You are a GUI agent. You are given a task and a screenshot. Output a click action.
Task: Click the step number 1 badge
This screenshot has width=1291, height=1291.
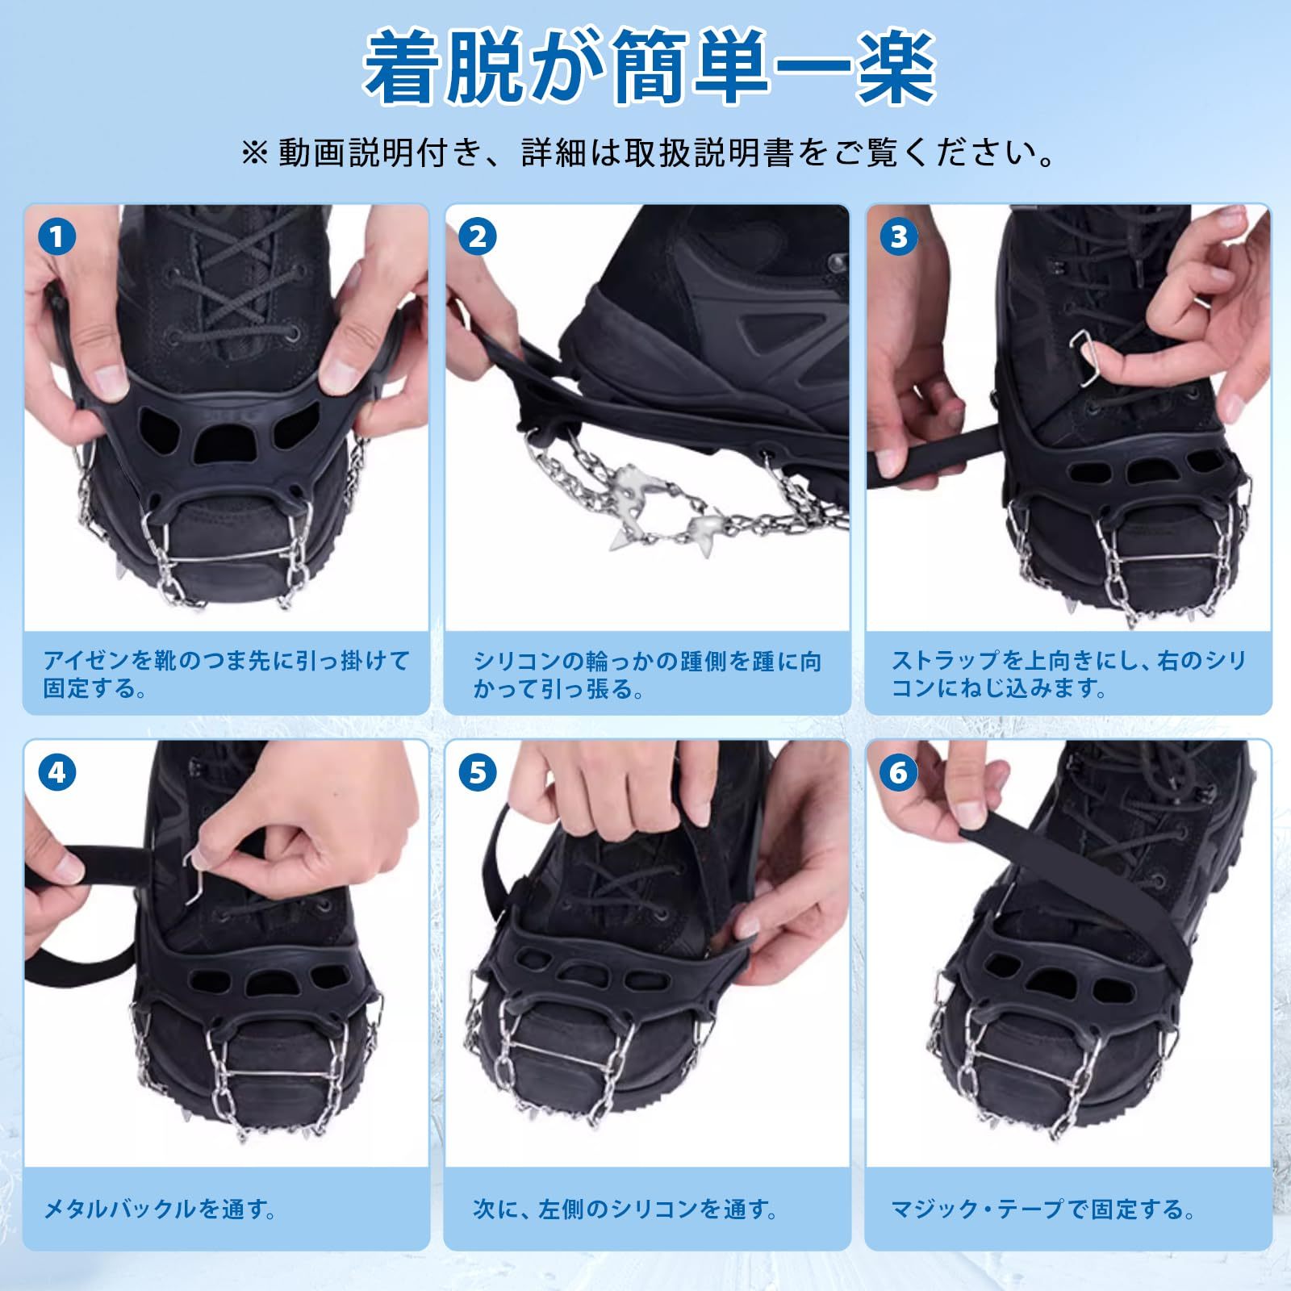(56, 237)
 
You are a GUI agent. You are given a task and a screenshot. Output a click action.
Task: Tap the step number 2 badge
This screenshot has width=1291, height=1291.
(478, 237)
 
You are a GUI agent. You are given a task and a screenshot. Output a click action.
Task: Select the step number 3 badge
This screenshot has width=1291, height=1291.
(899, 237)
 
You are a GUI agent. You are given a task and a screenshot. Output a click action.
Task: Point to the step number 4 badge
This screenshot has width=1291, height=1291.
(56, 773)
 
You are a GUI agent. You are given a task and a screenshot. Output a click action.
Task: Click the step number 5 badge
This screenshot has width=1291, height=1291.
(478, 773)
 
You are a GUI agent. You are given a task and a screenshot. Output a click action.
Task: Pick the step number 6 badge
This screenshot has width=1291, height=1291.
(899, 773)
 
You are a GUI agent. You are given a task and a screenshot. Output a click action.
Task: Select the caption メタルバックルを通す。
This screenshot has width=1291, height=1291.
(160, 1210)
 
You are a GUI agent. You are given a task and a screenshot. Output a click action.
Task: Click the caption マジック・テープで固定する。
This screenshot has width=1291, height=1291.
(1042, 1210)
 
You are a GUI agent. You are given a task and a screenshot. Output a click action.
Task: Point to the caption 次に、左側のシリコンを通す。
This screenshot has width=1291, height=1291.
(626, 1210)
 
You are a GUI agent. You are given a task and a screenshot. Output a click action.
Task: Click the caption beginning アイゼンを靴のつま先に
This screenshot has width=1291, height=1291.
(226, 675)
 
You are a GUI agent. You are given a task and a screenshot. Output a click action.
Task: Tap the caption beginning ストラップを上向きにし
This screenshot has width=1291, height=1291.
(1068, 675)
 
